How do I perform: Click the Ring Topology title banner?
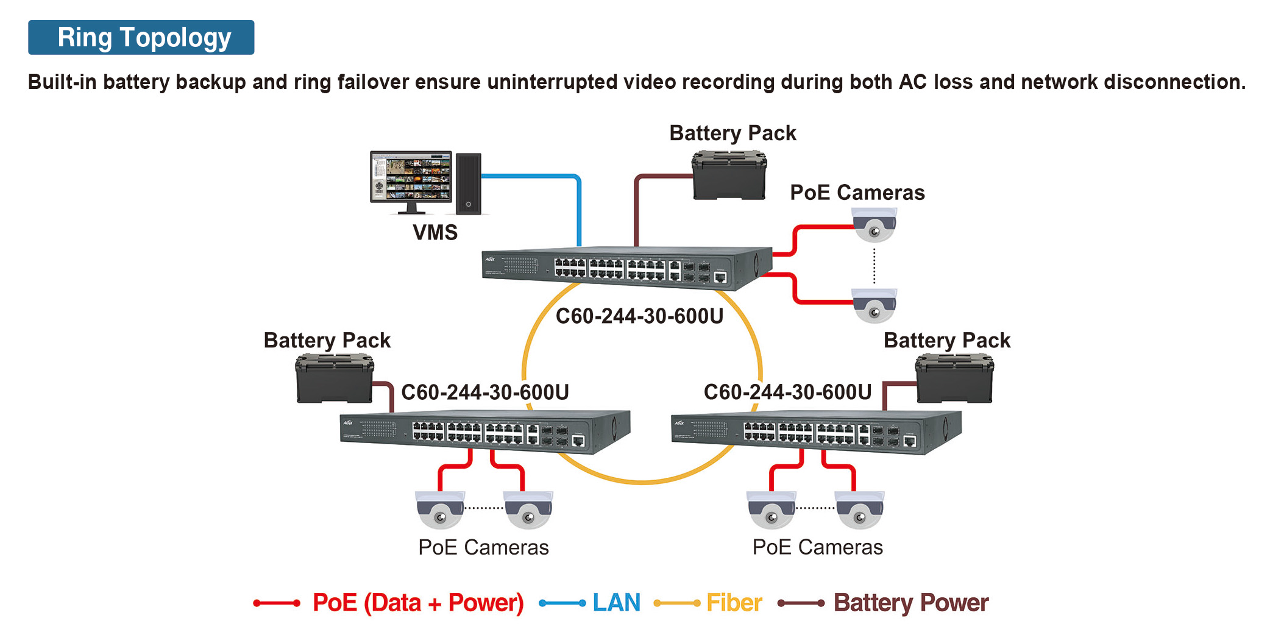pos(141,37)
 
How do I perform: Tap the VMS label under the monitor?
pos(435,232)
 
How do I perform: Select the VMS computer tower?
pos(468,183)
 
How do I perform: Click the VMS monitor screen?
pos(411,177)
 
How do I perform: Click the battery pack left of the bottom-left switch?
pos(334,378)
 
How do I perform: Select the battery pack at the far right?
pos(954,379)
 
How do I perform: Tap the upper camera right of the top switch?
pos(874,225)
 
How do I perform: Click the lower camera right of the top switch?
pos(874,306)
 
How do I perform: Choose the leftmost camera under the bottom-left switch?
pos(440,510)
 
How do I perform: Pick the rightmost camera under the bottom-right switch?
pos(860,510)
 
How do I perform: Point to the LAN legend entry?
pos(616,603)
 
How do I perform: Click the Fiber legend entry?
pos(734,603)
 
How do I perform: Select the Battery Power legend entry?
pos(910,603)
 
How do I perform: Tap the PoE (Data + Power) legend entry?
pos(417,603)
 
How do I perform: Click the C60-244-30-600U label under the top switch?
pos(639,316)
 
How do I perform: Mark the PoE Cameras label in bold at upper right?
pos(857,193)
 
